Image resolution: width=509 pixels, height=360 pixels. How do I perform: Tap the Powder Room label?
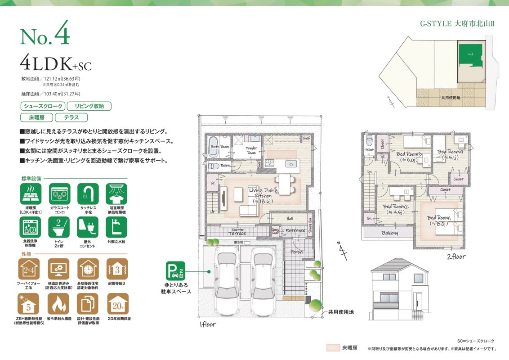(x=251, y=150)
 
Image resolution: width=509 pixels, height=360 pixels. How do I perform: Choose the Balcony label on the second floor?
(x=390, y=233)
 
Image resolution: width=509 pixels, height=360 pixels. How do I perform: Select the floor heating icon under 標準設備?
(x=31, y=194)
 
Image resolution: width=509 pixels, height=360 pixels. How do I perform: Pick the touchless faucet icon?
(x=88, y=194)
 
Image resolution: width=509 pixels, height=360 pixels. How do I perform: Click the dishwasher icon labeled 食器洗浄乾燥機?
(x=31, y=227)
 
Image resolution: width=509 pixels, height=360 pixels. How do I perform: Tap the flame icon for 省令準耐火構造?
(x=59, y=304)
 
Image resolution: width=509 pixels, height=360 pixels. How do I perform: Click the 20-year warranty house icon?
(x=116, y=304)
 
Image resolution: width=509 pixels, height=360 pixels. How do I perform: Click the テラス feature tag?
(x=71, y=117)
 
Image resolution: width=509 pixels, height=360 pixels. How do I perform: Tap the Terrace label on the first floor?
(x=237, y=233)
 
